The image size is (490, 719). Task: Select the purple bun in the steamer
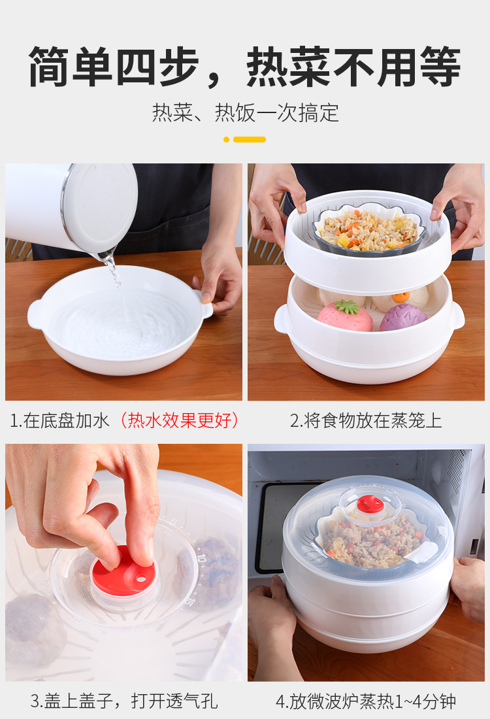403,317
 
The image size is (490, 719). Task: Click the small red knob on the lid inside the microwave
370,504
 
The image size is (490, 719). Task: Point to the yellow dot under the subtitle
226,139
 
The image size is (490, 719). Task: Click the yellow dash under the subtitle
250,139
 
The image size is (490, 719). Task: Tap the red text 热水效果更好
179,420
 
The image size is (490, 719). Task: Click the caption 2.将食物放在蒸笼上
365,420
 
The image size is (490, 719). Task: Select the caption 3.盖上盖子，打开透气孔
123,701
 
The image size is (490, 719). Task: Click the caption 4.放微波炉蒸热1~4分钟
366,701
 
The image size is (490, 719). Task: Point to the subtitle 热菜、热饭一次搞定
245,113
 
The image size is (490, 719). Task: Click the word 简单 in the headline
70,67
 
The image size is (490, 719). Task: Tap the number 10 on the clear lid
201,558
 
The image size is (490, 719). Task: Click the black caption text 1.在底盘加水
59,420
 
